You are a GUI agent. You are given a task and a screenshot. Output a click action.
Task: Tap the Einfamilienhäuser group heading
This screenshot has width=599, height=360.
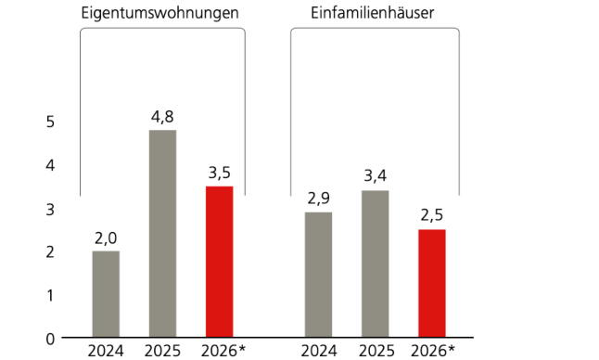pos(374,14)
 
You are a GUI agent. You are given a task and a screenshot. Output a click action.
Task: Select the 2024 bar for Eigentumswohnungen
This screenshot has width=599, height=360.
pos(106,294)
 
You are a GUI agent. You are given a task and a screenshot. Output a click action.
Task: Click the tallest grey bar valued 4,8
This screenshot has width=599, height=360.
pos(162,234)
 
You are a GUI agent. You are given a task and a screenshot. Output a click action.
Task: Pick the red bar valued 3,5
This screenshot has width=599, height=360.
pos(219,262)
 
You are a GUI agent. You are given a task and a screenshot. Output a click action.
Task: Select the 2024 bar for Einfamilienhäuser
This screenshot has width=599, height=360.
pos(318,275)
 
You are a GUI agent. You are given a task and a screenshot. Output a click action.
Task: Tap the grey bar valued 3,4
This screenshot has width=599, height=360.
pos(375,264)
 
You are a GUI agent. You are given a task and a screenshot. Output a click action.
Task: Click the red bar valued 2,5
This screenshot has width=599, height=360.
pos(432,283)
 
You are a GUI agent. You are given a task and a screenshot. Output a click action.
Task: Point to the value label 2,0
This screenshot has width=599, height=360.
pos(106,238)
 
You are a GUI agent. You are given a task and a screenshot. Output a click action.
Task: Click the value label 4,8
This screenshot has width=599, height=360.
pos(162,117)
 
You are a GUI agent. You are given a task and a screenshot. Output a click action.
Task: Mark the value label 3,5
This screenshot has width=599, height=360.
pos(219,173)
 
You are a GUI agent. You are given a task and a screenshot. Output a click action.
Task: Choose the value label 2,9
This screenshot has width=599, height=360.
pos(318,199)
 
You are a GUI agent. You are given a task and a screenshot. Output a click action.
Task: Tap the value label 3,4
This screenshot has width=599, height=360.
pos(375,177)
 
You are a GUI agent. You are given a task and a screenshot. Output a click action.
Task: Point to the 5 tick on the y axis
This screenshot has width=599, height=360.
pos(50,122)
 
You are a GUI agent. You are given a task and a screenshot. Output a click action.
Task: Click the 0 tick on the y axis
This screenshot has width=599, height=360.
pos(50,338)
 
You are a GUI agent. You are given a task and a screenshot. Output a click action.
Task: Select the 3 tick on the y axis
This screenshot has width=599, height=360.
pos(50,208)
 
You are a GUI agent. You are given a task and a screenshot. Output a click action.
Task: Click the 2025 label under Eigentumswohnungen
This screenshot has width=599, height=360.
pos(162,351)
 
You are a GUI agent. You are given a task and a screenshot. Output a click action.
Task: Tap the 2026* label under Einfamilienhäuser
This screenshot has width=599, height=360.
pos(433,351)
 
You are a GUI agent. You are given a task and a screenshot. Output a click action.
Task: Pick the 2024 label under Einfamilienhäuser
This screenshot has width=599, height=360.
pos(318,351)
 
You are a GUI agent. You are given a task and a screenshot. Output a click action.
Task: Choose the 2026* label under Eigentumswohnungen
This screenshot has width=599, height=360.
pos(222,351)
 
